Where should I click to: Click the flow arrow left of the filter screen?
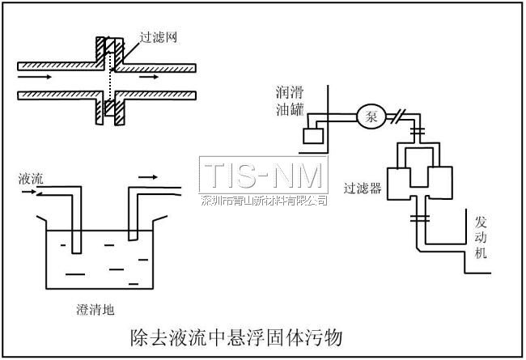point(34,78)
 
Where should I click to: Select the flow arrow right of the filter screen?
point(149,78)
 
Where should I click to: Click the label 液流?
point(31,179)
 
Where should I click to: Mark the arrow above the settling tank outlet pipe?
point(148,175)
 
